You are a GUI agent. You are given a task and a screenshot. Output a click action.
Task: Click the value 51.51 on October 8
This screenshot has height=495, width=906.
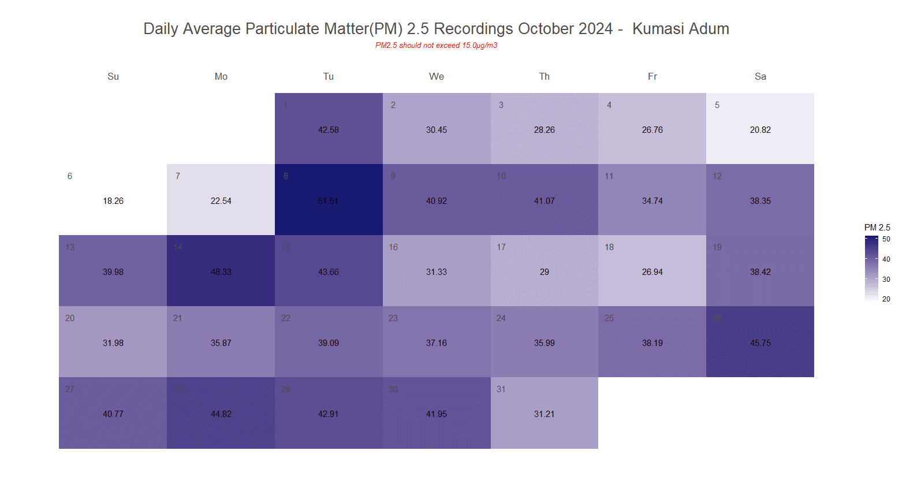click(x=328, y=201)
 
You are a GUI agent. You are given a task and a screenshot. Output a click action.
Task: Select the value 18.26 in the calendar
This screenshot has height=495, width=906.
click(x=113, y=201)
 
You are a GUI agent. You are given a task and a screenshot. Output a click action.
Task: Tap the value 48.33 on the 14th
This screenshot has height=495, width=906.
click(x=221, y=272)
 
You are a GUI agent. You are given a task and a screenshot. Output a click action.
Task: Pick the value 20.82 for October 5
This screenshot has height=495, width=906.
click(x=760, y=130)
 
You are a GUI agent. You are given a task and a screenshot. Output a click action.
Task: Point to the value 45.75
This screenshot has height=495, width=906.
click(x=760, y=343)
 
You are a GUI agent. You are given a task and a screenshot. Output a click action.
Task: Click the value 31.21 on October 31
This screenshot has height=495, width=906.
click(x=544, y=414)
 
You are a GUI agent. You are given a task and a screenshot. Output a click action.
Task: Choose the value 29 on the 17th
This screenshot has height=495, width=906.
click(x=544, y=272)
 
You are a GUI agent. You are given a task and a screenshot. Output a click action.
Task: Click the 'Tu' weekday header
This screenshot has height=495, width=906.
click(x=328, y=77)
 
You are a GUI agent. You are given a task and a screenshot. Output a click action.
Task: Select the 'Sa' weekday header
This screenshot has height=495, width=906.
click(x=760, y=77)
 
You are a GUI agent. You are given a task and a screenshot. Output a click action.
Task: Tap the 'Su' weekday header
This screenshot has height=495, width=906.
click(x=113, y=77)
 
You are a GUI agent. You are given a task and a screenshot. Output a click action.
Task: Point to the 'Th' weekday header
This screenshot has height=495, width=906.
click(x=544, y=77)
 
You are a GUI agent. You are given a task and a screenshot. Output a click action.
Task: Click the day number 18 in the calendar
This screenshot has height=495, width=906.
click(x=609, y=247)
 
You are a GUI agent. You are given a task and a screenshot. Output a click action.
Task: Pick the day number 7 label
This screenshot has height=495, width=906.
click(x=178, y=176)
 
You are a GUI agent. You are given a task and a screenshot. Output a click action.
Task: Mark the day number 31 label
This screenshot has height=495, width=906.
click(x=501, y=389)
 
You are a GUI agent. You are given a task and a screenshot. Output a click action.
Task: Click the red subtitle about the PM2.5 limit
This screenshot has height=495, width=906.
click(x=436, y=46)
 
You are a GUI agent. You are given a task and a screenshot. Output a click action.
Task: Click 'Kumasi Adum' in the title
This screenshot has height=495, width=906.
click(x=680, y=29)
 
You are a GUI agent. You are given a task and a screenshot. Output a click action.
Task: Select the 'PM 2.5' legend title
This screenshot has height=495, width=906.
click(x=877, y=228)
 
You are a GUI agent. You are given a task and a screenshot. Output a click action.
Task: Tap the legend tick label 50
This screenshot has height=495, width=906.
click(x=886, y=239)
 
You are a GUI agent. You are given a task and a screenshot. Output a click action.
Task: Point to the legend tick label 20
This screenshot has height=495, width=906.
click(x=886, y=299)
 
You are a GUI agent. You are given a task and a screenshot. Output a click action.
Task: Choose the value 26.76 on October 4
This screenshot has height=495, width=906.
click(x=652, y=130)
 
